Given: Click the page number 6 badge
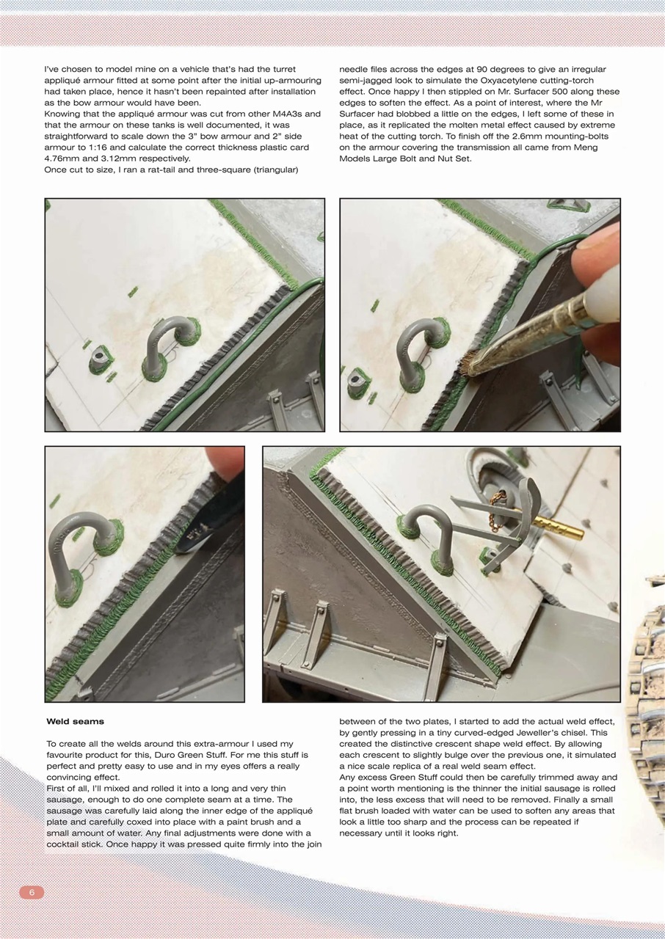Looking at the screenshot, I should (32, 892).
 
